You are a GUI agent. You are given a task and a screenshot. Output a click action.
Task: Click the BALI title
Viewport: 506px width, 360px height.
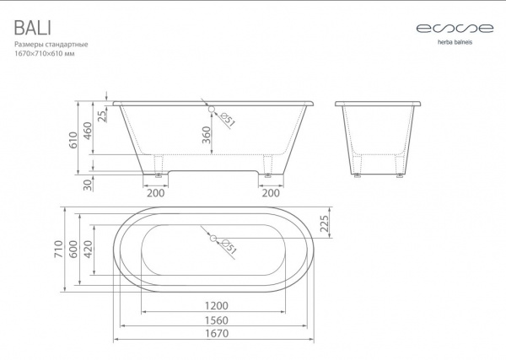33,28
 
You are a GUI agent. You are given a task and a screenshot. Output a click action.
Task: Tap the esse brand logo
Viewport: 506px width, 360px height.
455,29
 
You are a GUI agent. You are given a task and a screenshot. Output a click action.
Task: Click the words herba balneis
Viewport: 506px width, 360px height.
455,42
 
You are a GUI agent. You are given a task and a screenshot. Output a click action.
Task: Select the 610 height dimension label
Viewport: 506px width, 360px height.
73,140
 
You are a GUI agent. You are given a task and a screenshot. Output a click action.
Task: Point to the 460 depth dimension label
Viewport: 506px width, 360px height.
88,131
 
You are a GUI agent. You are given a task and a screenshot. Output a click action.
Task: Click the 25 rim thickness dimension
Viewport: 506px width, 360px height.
102,116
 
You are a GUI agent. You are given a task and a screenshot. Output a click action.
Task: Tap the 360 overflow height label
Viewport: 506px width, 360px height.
206,135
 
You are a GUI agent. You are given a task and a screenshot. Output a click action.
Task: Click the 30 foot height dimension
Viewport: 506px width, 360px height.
88,184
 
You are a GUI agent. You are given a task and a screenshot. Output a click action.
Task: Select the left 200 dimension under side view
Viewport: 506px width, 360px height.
155,193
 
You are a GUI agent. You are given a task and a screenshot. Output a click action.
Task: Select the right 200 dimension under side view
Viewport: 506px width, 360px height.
271,193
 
